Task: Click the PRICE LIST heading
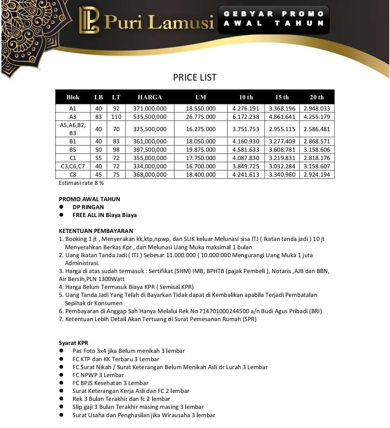click(195, 77)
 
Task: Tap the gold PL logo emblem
click(89, 20)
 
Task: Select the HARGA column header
click(149, 97)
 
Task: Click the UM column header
click(201, 97)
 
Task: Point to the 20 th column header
click(317, 97)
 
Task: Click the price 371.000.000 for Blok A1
click(150, 108)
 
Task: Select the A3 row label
click(73, 117)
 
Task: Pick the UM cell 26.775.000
click(201, 117)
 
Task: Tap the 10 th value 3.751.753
click(246, 129)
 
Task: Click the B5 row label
click(73, 150)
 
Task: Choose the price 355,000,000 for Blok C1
click(150, 158)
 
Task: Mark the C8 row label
click(73, 174)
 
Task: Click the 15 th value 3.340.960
click(282, 174)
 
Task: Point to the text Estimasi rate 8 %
click(81, 183)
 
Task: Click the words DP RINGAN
click(88, 207)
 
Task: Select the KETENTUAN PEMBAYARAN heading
click(96, 231)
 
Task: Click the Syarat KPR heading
click(74, 343)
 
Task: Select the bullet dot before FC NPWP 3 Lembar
click(61, 375)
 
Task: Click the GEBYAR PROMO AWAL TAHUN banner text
click(274, 19)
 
